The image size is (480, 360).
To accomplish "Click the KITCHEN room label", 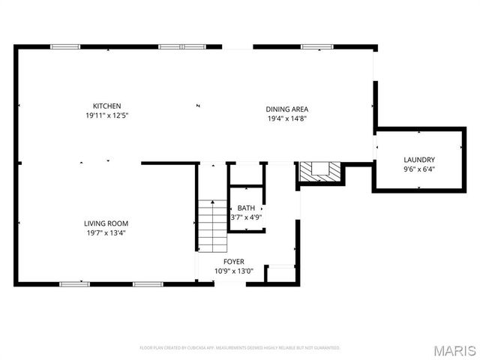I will [x=106, y=106].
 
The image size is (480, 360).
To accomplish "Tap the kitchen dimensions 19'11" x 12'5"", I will [x=106, y=115].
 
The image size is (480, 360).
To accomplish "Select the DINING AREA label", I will [x=287, y=109].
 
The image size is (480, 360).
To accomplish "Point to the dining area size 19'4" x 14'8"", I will [x=287, y=118].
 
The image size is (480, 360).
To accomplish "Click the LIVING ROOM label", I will [x=106, y=223].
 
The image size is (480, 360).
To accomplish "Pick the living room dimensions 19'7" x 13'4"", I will [x=106, y=232].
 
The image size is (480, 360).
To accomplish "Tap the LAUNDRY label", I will [x=418, y=160].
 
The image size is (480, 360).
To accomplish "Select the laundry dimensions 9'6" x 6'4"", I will [x=418, y=169].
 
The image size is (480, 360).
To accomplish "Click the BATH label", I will [x=246, y=208].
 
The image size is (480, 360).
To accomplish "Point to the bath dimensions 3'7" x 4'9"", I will [x=246, y=217].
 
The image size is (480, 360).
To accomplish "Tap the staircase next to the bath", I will [x=212, y=226].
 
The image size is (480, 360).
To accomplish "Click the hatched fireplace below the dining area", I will [x=320, y=172].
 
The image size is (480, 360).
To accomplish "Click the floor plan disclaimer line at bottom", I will [x=240, y=348].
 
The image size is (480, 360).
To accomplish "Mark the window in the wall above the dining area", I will [x=316, y=47].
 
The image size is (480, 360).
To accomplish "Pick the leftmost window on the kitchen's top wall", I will [x=65, y=47].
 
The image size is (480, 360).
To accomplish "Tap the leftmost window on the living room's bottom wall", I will [x=73, y=284].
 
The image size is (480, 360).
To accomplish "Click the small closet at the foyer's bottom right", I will [x=280, y=274].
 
